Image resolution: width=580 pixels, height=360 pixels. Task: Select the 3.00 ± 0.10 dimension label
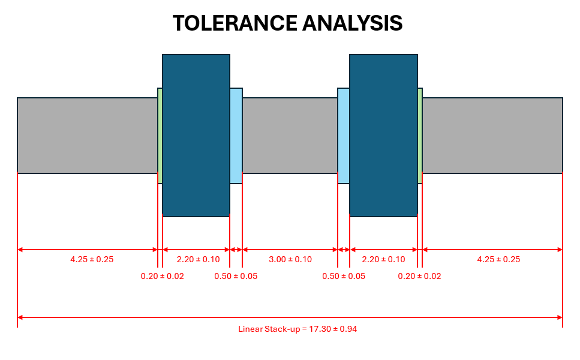[x=290, y=259]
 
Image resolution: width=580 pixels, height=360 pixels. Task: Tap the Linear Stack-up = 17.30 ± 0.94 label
[x=297, y=329]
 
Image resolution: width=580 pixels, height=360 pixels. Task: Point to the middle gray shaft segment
[x=290, y=135]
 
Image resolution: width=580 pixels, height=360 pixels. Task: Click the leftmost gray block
[x=87, y=135]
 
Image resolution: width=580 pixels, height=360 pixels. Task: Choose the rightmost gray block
[x=492, y=135]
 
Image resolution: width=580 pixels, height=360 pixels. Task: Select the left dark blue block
[x=196, y=135]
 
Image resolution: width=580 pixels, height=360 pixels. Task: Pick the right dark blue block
[x=383, y=135]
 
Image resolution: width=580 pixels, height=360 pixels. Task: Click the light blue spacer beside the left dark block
[x=236, y=135]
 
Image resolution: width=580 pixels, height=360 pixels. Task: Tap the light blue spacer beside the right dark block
[x=344, y=135]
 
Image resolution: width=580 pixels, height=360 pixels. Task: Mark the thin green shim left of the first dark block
[x=160, y=135]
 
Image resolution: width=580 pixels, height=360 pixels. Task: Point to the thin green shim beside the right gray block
[x=420, y=135]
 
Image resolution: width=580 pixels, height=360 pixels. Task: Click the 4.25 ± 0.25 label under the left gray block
[x=92, y=259]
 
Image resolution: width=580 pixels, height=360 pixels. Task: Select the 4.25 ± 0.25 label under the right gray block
[x=498, y=259]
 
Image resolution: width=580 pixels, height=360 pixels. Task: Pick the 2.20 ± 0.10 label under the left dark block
[x=199, y=259]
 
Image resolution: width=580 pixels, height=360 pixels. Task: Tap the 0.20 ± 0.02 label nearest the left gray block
[x=163, y=276]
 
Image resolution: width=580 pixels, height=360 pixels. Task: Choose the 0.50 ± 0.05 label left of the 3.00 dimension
[x=236, y=276]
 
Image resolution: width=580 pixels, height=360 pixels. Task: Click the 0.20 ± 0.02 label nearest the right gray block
[x=419, y=276]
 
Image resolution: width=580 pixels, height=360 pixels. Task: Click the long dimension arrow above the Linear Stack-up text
[x=290, y=317]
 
